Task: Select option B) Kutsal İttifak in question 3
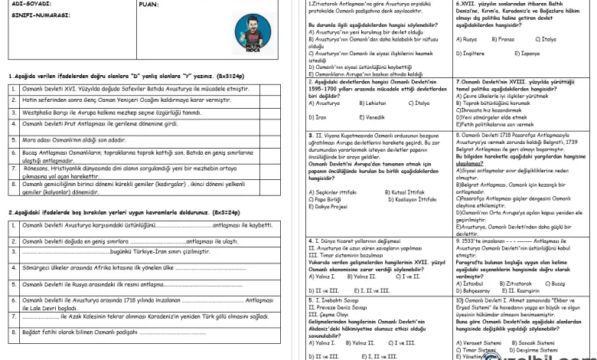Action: pyautogui.click(x=387, y=191)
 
